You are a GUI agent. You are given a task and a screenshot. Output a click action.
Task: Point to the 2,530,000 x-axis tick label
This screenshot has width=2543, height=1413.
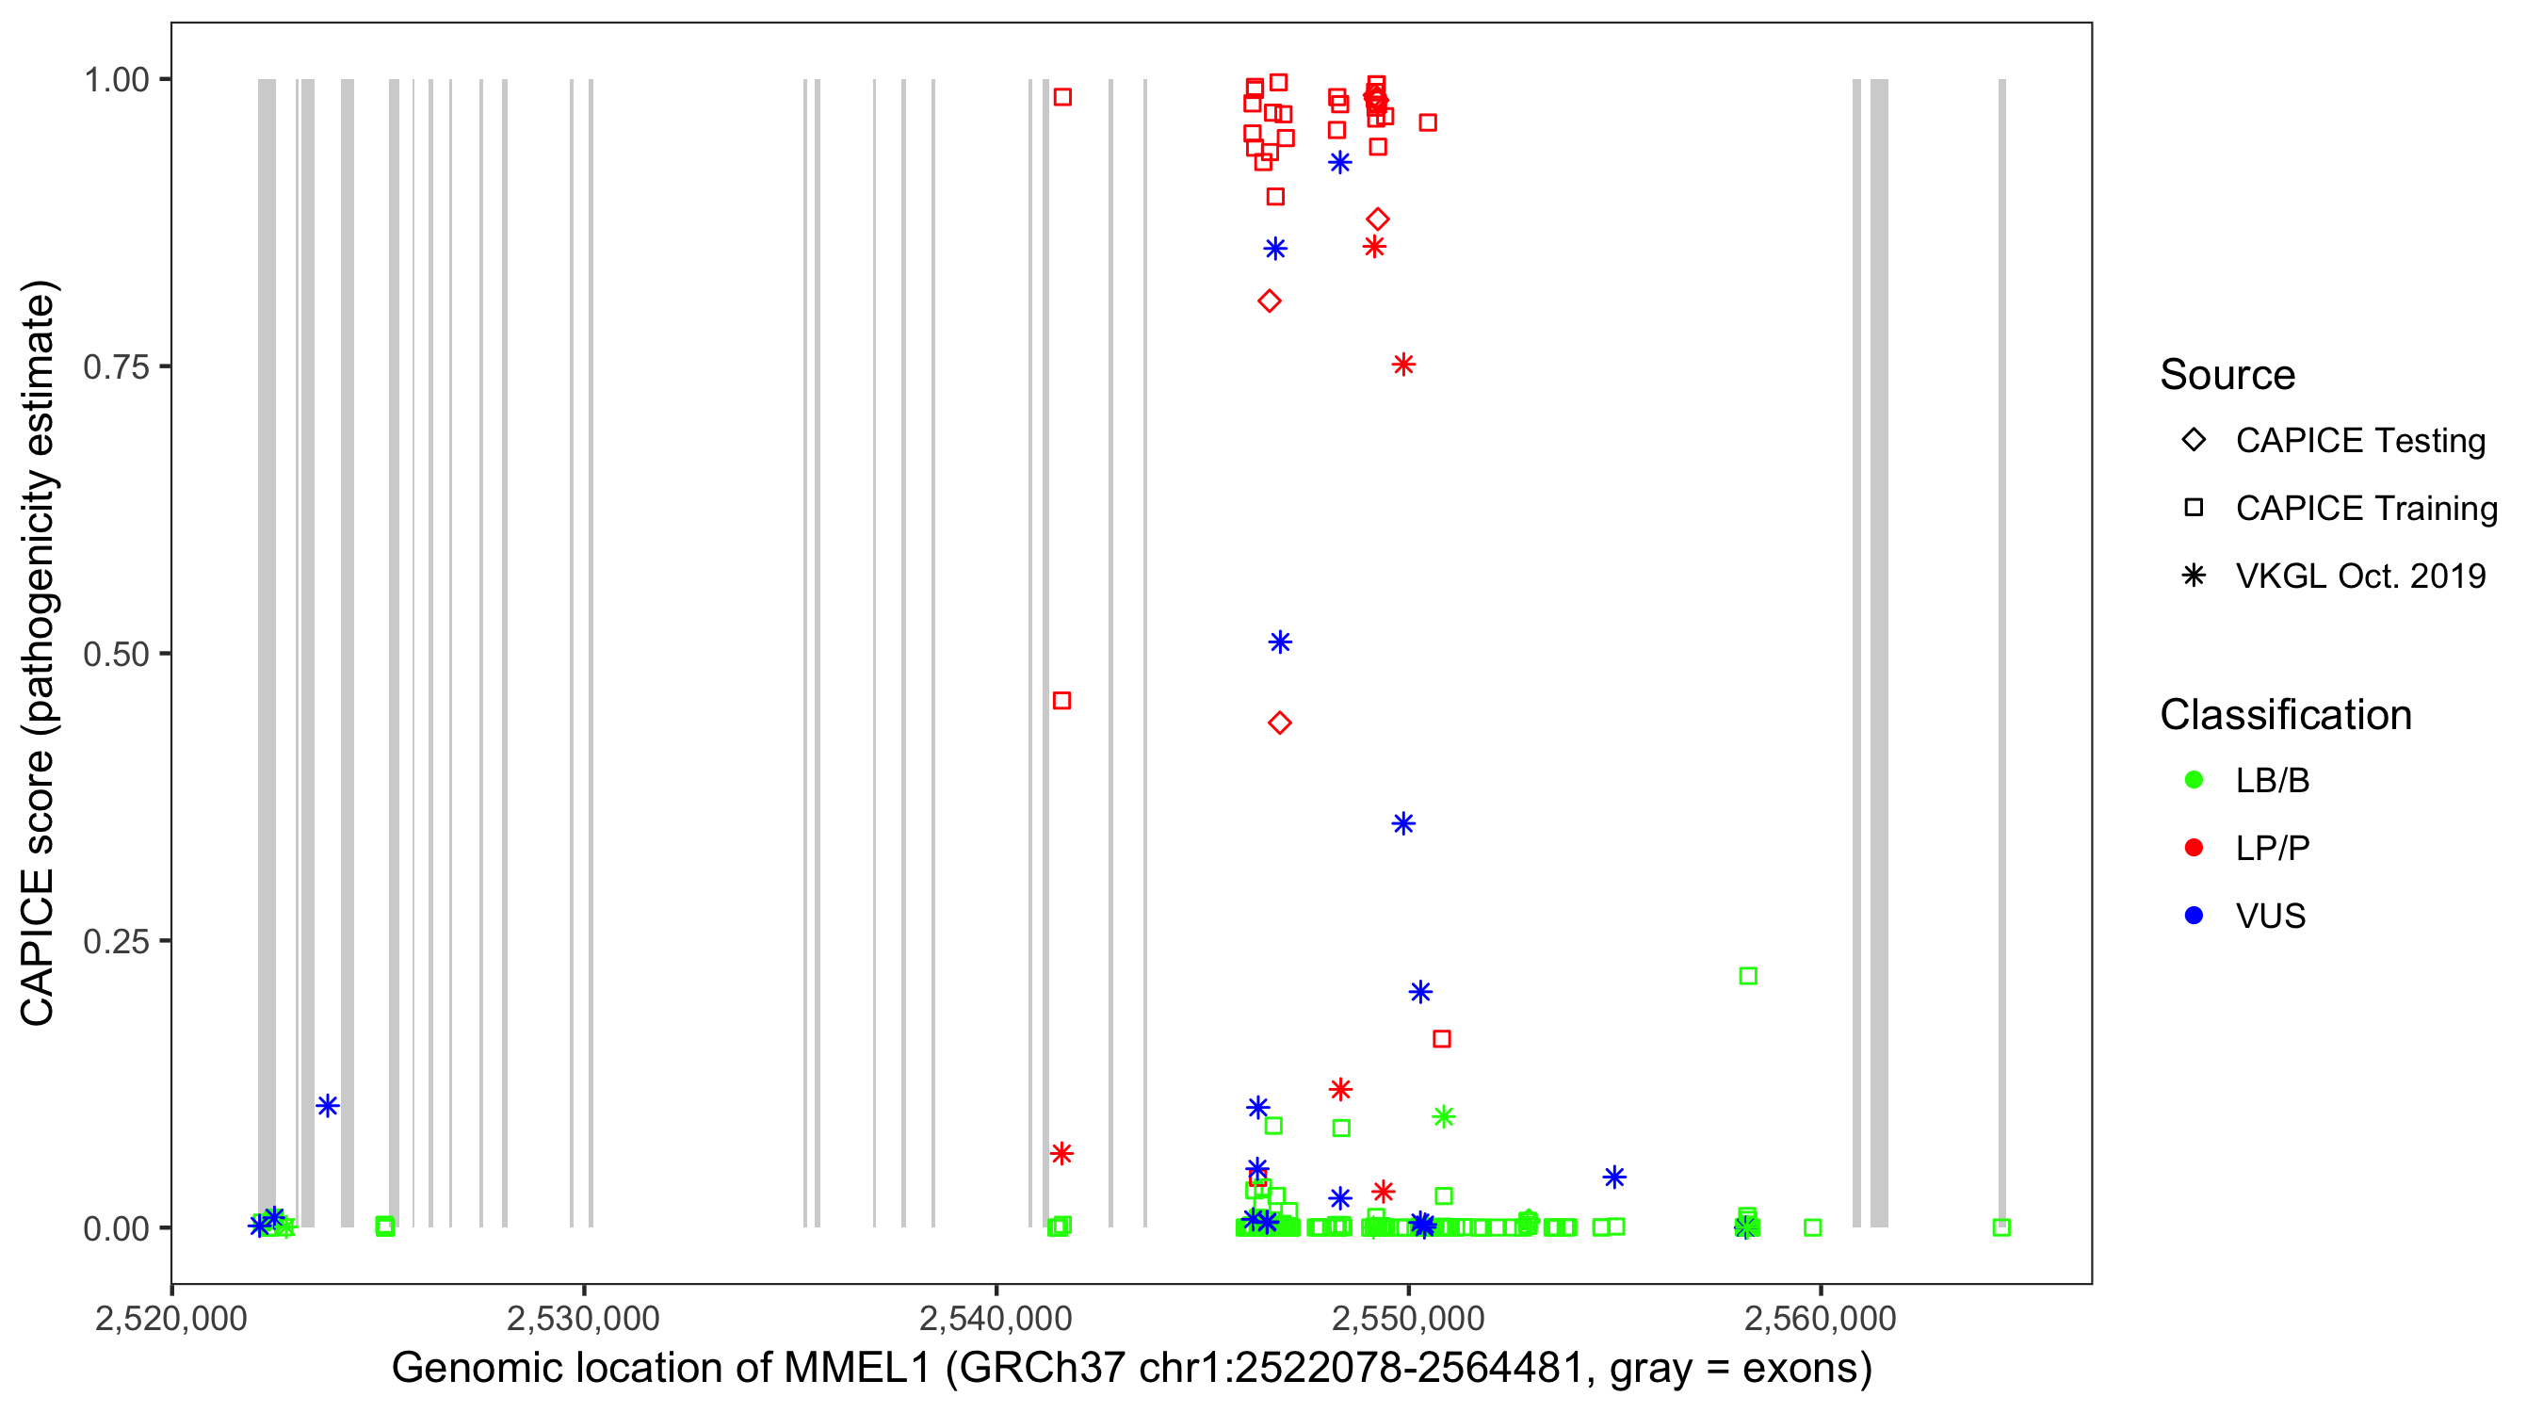tap(583, 1318)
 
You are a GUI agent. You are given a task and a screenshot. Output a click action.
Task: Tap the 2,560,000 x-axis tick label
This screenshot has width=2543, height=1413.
tap(1821, 1318)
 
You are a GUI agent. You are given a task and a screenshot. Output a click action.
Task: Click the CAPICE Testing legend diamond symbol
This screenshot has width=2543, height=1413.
tap(2194, 441)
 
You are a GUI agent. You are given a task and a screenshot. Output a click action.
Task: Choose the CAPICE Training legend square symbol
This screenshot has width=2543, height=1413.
tap(2194, 509)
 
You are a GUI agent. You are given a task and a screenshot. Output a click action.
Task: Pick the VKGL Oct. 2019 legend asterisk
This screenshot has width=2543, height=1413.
tap(2194, 576)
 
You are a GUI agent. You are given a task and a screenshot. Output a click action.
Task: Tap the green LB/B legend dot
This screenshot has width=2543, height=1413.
tap(2194, 780)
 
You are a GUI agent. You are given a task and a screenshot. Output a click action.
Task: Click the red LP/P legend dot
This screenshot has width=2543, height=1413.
tap(2194, 848)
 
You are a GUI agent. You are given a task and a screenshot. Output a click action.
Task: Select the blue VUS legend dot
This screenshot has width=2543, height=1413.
tap(2194, 916)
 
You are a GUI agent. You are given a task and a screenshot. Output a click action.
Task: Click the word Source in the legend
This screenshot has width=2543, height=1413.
tap(2227, 375)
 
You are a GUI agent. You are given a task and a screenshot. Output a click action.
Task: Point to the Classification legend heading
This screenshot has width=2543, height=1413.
tap(2285, 715)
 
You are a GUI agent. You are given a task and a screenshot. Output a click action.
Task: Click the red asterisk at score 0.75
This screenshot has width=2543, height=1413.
tap(1403, 365)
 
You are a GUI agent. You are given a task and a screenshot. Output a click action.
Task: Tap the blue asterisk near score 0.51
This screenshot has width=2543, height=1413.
tap(1279, 642)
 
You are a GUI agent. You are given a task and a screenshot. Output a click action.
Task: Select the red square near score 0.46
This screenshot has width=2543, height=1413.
tap(1062, 701)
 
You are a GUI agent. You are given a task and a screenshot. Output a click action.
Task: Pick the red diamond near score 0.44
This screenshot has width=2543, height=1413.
tap(1279, 723)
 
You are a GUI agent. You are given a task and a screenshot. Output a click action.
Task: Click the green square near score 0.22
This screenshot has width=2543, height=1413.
tap(1748, 977)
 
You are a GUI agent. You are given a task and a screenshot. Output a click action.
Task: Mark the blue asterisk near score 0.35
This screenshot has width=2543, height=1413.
tap(1403, 824)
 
